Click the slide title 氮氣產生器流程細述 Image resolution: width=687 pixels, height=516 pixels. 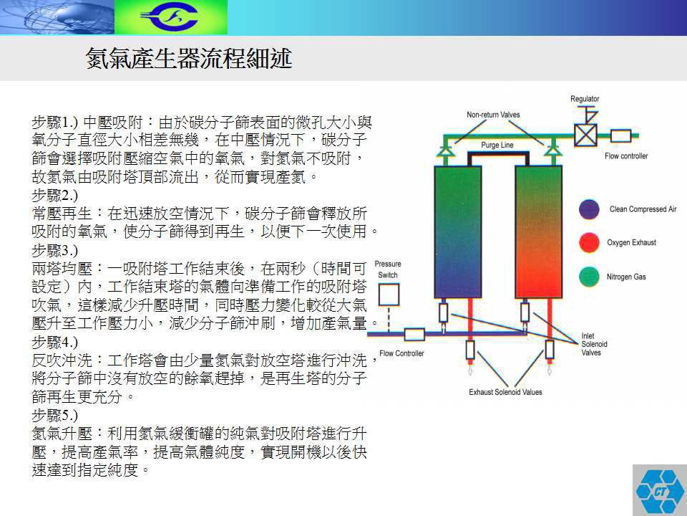click(189, 58)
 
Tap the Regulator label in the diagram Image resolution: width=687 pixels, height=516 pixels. click(585, 99)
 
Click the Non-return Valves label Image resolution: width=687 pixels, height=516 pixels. click(493, 115)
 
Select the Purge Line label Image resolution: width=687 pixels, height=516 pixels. click(497, 145)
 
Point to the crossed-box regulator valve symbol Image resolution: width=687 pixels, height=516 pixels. click(585, 135)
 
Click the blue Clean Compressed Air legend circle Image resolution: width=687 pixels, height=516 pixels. click(589, 209)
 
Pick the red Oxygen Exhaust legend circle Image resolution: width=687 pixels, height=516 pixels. click(589, 243)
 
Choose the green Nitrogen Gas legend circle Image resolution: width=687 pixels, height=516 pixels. click(589, 277)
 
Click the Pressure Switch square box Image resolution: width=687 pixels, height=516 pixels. click(389, 295)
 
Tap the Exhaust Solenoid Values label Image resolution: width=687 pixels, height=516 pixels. click(505, 392)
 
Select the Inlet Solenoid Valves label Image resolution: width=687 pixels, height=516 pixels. click(594, 344)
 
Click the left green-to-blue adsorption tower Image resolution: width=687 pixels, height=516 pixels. click(457, 231)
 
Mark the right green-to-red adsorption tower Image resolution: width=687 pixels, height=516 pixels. click(538, 231)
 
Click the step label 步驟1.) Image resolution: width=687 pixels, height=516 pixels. click(55, 122)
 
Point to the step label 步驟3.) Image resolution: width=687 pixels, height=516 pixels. click(55, 250)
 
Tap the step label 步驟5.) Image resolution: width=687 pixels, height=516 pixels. click(55, 415)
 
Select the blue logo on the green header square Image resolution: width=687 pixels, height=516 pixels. click(170, 17)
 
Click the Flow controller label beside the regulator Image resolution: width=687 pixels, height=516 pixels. click(626, 156)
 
